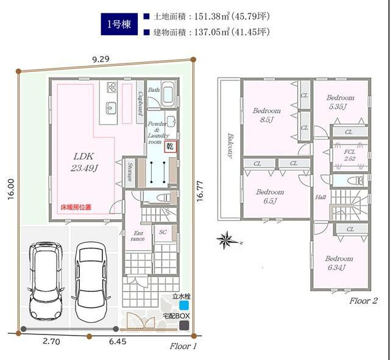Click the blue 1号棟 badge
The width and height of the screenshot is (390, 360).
pyautogui.click(x=119, y=24)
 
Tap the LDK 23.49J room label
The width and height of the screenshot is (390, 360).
pyautogui.click(x=84, y=162)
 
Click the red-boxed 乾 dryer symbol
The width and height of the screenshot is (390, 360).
pyautogui.click(x=171, y=146)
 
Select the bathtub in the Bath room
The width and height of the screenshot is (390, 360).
pyautogui.click(x=169, y=94)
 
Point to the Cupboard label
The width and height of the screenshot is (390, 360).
pyautogui.click(x=140, y=104)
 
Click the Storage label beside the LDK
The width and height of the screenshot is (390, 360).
pyautogui.click(x=130, y=172)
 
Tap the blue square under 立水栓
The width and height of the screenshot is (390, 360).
pyautogui.click(x=184, y=305)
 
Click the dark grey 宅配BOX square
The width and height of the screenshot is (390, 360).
pyautogui.click(x=184, y=325)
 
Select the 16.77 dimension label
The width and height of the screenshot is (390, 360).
pyautogui.click(x=200, y=191)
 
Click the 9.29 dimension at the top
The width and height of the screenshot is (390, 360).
pyautogui.click(x=101, y=59)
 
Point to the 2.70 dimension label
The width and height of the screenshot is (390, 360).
pyautogui.click(x=51, y=342)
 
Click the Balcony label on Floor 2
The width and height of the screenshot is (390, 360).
pyautogui.click(x=230, y=146)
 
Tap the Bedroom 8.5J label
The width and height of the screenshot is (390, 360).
pyautogui.click(x=267, y=115)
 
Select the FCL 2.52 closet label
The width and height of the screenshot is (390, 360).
pyautogui.click(x=349, y=155)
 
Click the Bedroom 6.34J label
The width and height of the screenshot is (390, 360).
pyautogui.click(x=339, y=263)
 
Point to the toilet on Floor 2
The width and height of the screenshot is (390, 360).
pyautogui.click(x=356, y=180)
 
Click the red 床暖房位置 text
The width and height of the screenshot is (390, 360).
pyautogui.click(x=76, y=207)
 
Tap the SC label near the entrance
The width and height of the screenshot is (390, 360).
pyautogui.click(x=163, y=232)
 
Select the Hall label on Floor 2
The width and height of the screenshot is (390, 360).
pyautogui.click(x=321, y=197)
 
